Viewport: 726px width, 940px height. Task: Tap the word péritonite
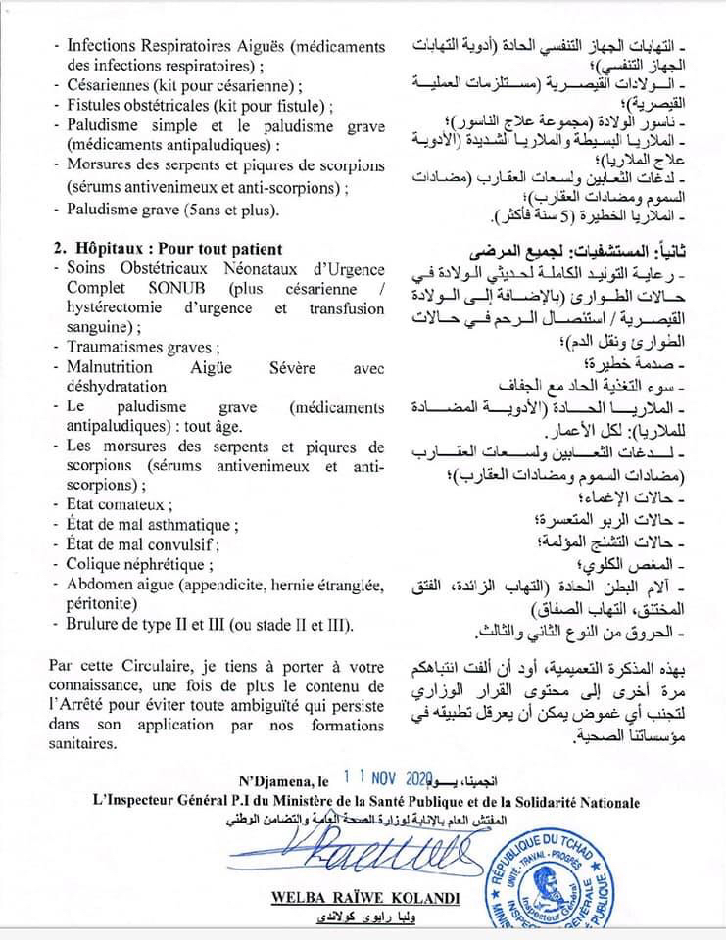103,605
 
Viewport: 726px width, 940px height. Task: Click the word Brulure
94,626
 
